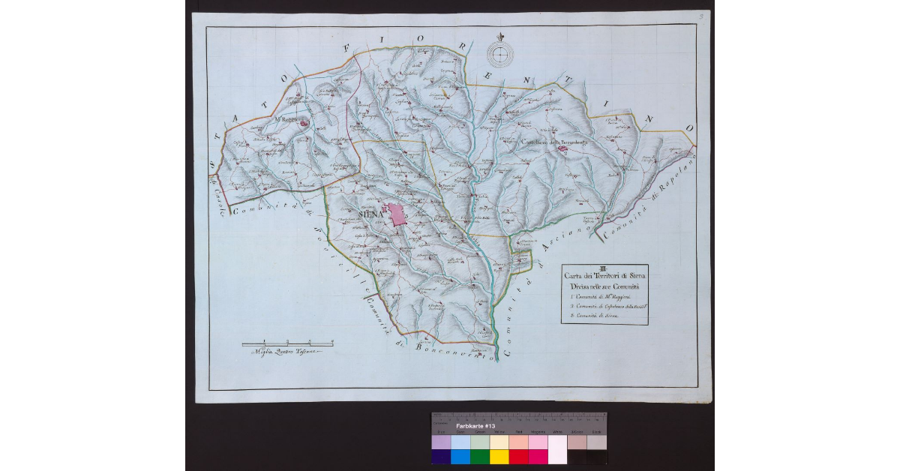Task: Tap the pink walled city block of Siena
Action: [396, 214]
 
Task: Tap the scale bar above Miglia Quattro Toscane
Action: [287, 343]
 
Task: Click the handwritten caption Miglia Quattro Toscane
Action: [286, 352]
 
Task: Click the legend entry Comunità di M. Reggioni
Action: [599, 298]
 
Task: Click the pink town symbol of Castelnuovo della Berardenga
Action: [562, 148]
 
